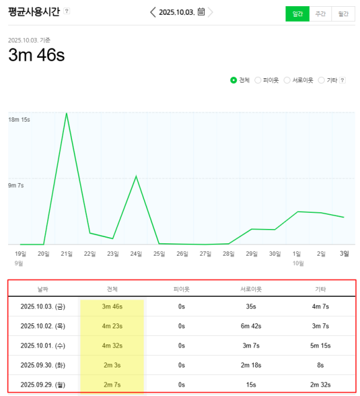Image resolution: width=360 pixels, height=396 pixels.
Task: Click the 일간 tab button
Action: point(297,14)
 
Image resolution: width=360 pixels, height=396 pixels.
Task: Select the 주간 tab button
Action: point(320,14)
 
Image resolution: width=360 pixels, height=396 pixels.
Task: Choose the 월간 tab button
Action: point(343,14)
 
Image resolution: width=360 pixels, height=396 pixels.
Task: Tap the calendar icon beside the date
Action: point(201,12)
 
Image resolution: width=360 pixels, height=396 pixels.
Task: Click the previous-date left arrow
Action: point(153,12)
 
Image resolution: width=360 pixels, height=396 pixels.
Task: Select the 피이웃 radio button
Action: point(258,80)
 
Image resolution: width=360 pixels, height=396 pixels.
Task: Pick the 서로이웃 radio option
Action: point(287,80)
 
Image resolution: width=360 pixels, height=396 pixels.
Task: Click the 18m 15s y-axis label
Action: point(19,119)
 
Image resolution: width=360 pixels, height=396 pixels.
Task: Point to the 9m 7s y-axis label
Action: point(16,185)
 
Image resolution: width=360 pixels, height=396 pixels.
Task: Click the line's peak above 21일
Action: point(66,114)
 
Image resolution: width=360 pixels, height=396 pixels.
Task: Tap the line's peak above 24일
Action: point(136,176)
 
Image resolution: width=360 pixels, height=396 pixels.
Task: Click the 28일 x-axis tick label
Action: point(229,253)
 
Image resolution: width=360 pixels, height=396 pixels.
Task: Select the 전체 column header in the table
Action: point(112,289)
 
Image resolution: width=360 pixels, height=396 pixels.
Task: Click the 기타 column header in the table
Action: point(320,289)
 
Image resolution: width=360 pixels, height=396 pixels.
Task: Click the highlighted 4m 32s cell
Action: point(112,346)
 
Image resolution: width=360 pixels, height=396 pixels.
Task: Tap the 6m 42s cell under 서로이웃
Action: point(251,326)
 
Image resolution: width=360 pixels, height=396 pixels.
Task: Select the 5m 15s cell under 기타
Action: point(320,346)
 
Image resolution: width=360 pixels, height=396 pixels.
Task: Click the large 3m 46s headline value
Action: point(36,55)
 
